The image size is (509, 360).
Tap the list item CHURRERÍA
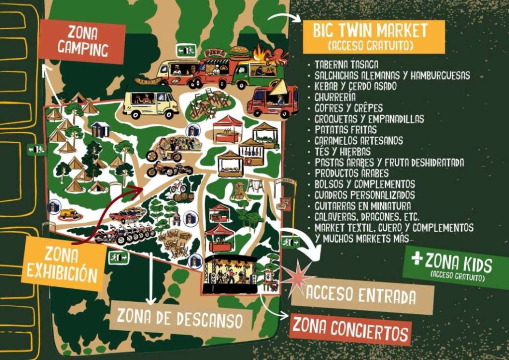(335, 97)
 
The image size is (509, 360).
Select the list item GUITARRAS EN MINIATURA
(363, 205)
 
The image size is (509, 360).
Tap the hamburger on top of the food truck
(240, 51)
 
